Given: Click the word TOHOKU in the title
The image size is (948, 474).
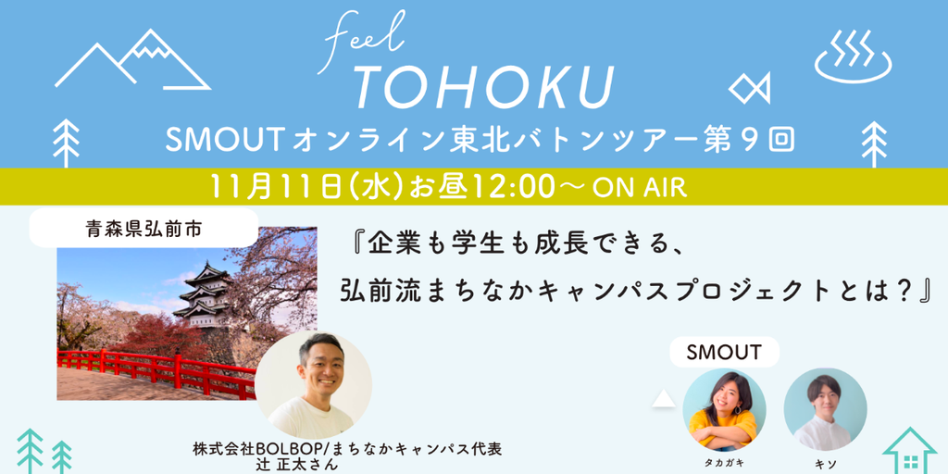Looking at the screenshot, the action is coord(484,88).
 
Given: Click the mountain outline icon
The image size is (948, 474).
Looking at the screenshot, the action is coord(132,59).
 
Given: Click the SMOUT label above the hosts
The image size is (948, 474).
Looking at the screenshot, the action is coord(724,353).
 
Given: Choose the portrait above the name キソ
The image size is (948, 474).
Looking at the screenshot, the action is coord(825,409).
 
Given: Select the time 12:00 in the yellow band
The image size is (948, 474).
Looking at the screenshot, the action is coord(518,187).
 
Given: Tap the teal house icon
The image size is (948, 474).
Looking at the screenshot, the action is coord(909,452).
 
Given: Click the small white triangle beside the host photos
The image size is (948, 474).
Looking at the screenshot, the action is coord(663,400).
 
